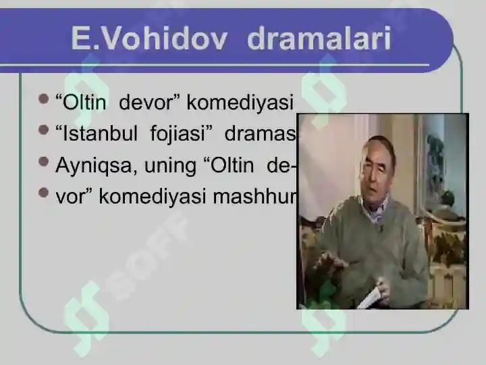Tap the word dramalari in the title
pos(319,39)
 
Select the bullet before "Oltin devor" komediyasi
pos(45,100)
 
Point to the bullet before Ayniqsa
pos(45,162)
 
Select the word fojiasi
pos(177,134)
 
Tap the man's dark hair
pos(378,143)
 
